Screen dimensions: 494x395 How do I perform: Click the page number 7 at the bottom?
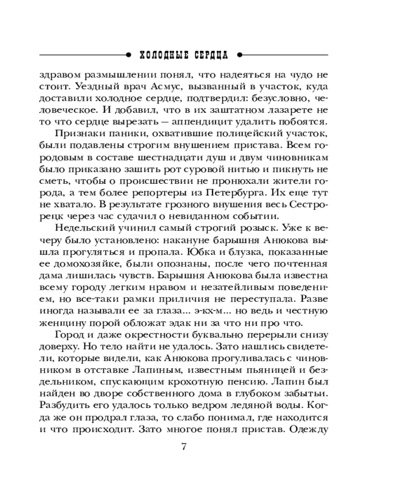[184, 447]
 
